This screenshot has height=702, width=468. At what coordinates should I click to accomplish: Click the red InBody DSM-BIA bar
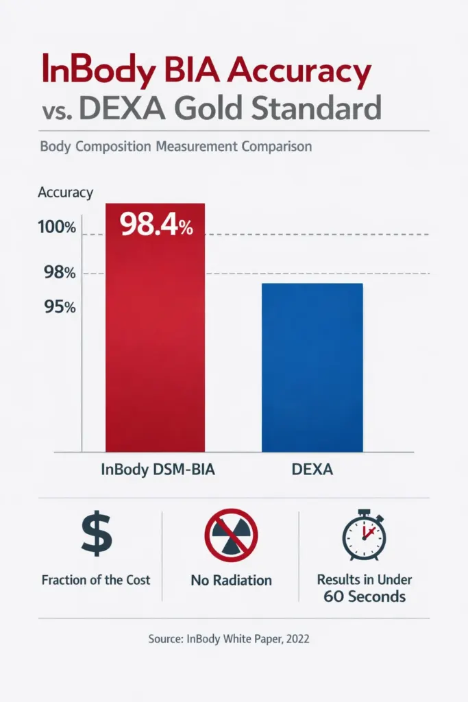(x=155, y=343)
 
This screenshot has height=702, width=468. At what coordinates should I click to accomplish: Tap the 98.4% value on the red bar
(x=157, y=224)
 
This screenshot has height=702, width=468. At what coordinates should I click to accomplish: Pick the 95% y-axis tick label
(x=60, y=306)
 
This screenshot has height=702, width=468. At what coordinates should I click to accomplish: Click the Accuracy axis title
(x=65, y=193)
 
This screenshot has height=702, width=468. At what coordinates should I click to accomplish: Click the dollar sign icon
(x=96, y=535)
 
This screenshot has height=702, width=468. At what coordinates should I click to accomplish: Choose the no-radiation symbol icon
(x=232, y=535)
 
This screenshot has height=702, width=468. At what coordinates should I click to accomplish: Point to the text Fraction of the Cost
(x=96, y=579)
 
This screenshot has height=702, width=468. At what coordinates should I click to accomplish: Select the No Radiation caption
(x=232, y=580)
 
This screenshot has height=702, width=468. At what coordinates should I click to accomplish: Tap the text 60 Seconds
(x=365, y=596)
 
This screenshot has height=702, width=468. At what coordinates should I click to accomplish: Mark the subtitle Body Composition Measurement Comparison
(x=176, y=147)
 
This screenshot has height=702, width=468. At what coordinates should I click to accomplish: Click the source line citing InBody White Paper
(x=229, y=638)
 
